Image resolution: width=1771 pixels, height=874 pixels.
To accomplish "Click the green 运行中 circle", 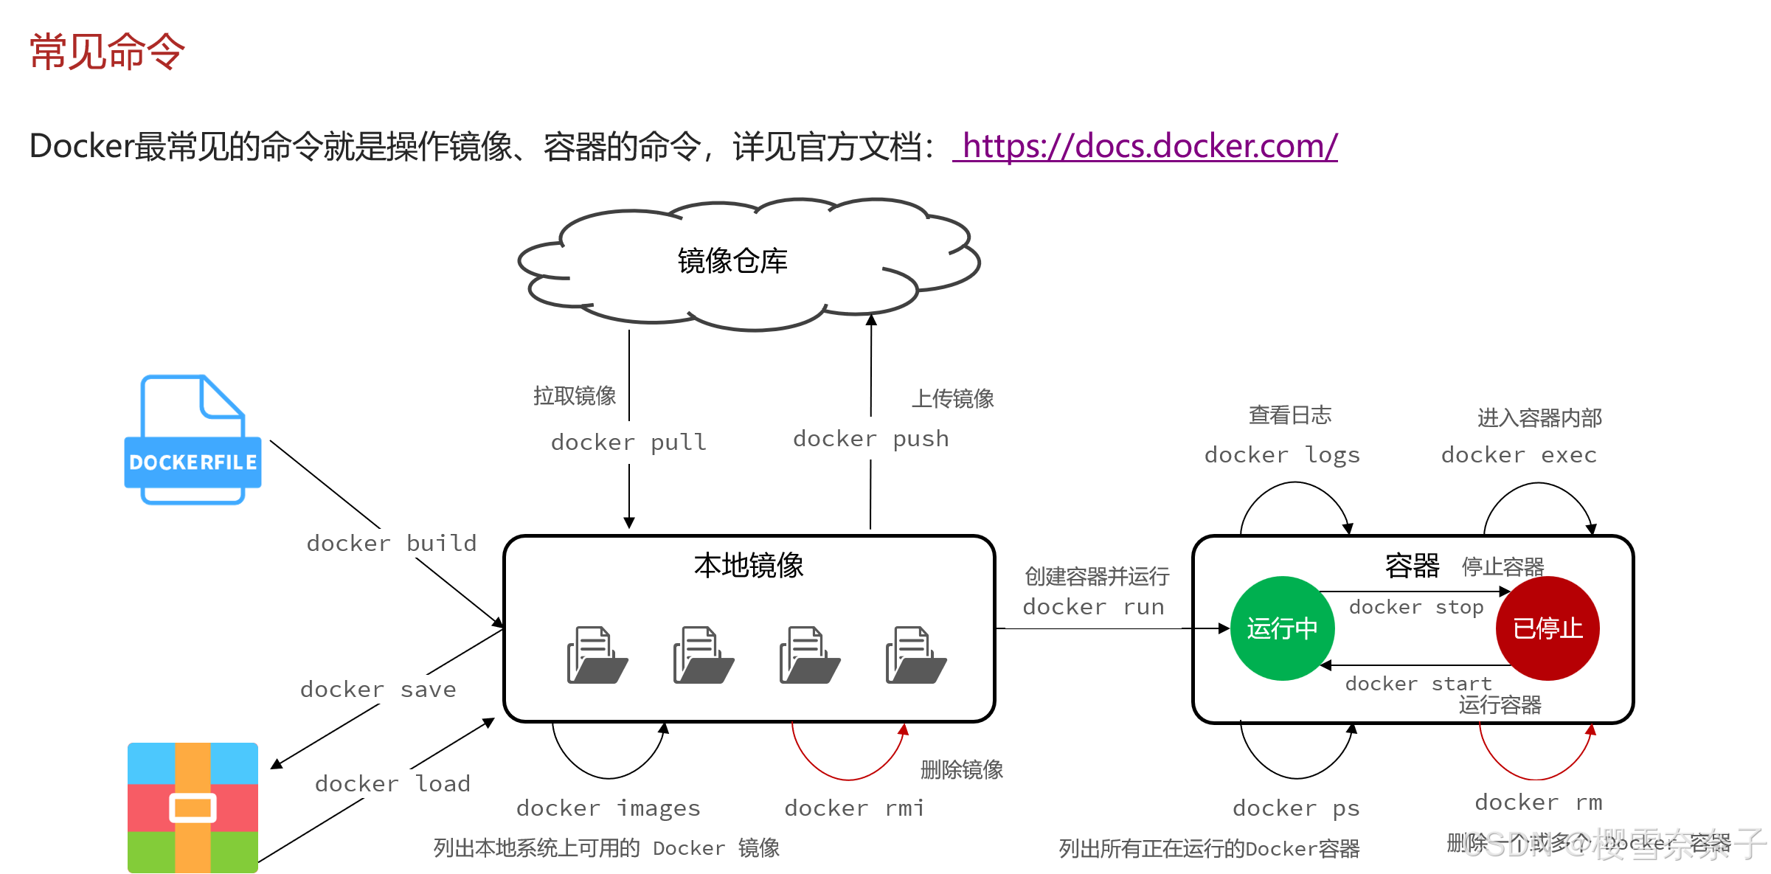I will coord(1282,628).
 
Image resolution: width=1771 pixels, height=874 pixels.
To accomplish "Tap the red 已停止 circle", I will coord(1548,628).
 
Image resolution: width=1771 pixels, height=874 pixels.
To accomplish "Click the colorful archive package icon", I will coord(193,808).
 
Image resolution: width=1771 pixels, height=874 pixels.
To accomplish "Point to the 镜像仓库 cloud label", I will coord(732,261).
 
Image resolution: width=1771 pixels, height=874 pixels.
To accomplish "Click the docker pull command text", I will coord(628,443).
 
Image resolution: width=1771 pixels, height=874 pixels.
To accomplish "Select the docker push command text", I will coord(870,439).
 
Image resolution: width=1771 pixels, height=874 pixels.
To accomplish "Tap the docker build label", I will coord(392,544).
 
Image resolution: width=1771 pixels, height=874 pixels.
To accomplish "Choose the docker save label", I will coord(378,690).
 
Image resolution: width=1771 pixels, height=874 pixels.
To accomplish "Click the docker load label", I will coord(392,783).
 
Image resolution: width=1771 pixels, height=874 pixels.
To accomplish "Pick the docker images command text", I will coord(608,808).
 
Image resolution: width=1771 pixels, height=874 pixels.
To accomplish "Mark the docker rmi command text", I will coord(854,808).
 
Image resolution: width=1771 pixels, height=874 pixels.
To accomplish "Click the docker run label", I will coord(1093,607).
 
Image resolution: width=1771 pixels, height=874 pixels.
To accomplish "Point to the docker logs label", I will coord(1282,455).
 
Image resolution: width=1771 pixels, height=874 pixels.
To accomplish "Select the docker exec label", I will coord(1519,455).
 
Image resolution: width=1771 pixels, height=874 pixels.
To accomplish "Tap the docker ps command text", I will coord(1296,808).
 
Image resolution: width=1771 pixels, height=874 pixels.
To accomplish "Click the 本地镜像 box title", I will coord(749,566).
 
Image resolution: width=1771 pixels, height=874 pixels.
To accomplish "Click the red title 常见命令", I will coord(107,52).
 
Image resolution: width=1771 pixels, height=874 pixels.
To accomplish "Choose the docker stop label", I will coord(1416,607).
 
